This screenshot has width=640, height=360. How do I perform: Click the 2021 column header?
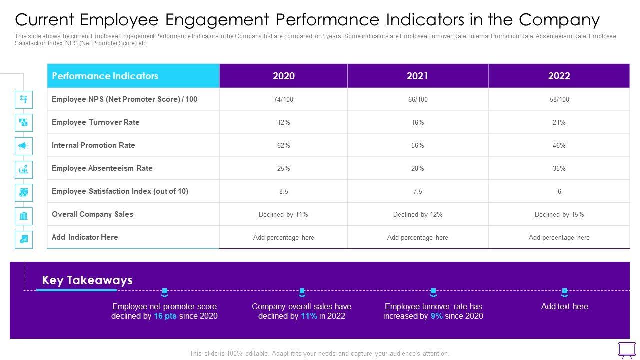(417, 76)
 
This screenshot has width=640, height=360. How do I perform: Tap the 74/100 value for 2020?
(283, 99)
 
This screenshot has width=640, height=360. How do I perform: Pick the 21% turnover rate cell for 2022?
(559, 122)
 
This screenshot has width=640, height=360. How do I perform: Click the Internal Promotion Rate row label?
(93, 145)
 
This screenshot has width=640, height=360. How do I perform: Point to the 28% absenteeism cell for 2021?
(417, 168)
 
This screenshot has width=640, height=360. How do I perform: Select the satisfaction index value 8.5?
(283, 191)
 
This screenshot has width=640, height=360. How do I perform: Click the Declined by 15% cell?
(559, 214)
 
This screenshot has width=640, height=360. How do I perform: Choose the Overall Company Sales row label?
(92, 214)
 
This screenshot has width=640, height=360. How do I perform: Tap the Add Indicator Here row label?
(85, 237)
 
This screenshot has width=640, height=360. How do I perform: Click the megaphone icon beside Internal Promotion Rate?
(24, 146)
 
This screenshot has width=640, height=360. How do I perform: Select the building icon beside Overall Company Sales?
(24, 216)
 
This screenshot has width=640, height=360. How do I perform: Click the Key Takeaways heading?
(87, 280)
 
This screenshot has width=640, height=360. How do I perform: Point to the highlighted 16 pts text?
(165, 316)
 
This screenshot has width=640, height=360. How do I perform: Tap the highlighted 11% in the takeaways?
(309, 316)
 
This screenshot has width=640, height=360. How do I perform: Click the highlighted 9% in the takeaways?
(436, 316)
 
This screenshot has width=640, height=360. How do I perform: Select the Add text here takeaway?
(564, 306)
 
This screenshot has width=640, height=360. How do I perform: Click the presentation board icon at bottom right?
(627, 350)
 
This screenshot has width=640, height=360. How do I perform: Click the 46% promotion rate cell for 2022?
(559, 145)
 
